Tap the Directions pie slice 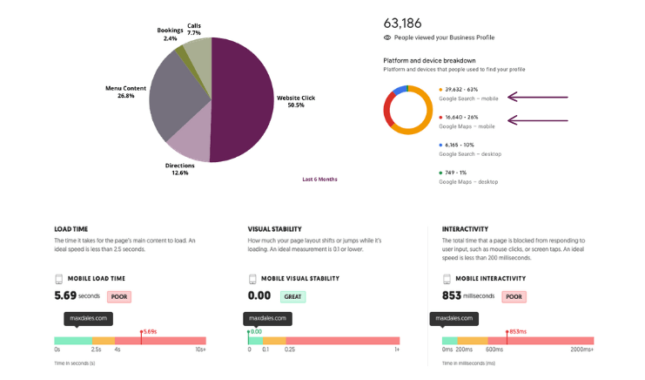(x=191, y=139)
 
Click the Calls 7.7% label (x=194, y=29)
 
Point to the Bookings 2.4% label (x=171, y=34)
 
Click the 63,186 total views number (x=402, y=23)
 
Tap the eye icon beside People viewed (x=387, y=37)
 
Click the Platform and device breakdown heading (x=429, y=60)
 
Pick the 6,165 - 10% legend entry (x=462, y=145)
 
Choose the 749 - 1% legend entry (x=458, y=173)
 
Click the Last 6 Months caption (x=319, y=180)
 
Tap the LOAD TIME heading (x=71, y=229)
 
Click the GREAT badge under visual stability (x=292, y=296)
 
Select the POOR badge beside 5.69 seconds (x=119, y=296)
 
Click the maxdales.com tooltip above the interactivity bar (x=454, y=318)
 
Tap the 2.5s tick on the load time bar (x=97, y=349)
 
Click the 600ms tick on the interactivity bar (x=494, y=349)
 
